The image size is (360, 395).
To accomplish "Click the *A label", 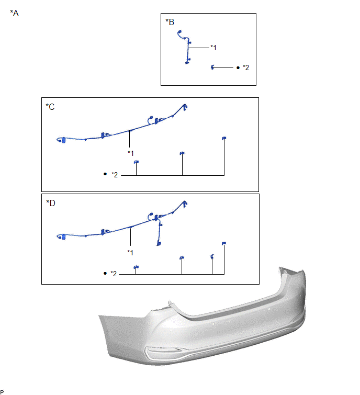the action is pos(14,13).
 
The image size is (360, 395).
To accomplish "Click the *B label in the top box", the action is pos(170,22).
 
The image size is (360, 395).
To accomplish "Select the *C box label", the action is pos(50,107).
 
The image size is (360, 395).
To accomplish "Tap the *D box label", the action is pos(51,203).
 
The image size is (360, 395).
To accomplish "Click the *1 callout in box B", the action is pos(213,48).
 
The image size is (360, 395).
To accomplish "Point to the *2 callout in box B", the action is pos(246,67).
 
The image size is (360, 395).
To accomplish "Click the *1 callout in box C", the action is pos(131,153).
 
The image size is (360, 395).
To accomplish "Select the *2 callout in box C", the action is pos(115,175).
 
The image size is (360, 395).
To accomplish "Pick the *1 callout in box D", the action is pos(130,252).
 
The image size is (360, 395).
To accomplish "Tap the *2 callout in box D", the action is pos(114,274).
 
